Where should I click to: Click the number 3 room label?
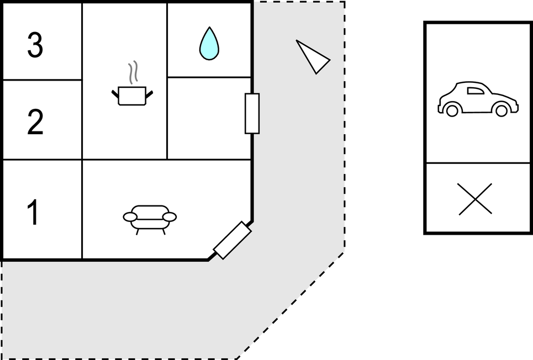(x=35, y=45)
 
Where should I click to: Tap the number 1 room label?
(x=34, y=213)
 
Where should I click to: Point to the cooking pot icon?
(x=132, y=96)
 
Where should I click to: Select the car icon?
(x=477, y=99)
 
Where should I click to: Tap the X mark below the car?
(x=476, y=199)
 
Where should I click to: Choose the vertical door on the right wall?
(x=252, y=113)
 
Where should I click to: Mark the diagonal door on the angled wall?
(x=233, y=240)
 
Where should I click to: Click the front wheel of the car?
(x=501, y=110)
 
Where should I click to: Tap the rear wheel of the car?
(x=452, y=110)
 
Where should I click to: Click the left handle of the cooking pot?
(x=115, y=93)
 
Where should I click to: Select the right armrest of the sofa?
(x=169, y=216)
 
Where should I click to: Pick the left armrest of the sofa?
(x=130, y=216)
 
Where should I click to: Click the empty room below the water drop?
(x=209, y=118)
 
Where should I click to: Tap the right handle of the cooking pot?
(x=149, y=93)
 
